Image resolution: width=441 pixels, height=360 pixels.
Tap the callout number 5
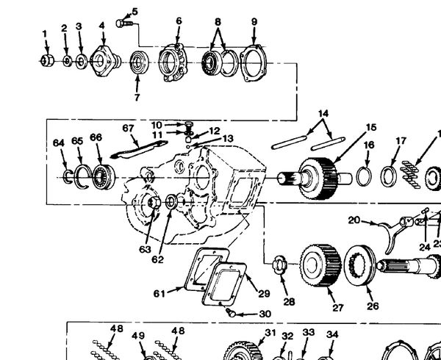click(135, 12)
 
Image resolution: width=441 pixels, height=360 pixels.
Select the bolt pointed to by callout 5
click(124, 23)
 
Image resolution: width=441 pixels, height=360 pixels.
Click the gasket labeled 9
click(253, 63)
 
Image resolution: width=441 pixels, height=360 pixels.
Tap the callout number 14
click(323, 114)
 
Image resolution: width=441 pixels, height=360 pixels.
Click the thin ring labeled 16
click(365, 176)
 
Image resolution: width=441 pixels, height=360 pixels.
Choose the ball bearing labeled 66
click(104, 176)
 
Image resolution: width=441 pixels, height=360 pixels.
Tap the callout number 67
click(128, 128)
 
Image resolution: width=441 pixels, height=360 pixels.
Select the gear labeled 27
click(320, 265)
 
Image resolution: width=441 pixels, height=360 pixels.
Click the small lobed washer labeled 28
click(279, 264)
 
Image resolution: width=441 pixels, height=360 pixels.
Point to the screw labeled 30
click(231, 312)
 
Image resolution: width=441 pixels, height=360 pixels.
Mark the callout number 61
click(159, 294)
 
